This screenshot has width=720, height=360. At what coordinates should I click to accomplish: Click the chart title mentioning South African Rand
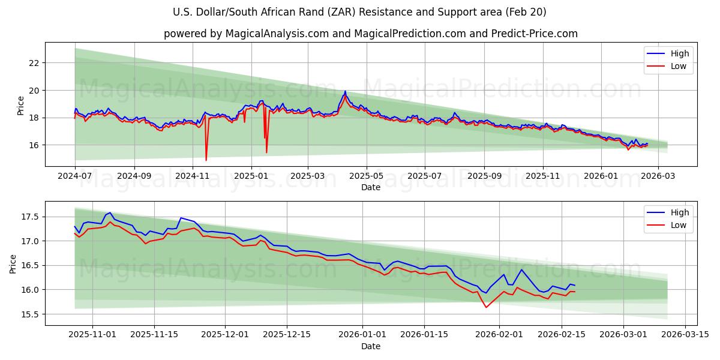[359, 12]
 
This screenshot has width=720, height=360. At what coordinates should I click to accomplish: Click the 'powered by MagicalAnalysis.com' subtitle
[370, 34]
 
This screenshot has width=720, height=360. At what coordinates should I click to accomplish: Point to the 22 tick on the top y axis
[34, 63]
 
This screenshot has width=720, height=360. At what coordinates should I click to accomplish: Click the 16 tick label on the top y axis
[34, 145]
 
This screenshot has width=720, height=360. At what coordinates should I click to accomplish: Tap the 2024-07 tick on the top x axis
[75, 176]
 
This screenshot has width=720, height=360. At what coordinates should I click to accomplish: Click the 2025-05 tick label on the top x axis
[366, 176]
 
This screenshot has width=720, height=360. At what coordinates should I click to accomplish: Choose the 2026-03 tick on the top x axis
[658, 176]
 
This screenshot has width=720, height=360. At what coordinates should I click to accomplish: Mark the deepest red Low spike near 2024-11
[206, 160]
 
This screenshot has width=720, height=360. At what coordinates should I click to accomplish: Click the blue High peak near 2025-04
[345, 91]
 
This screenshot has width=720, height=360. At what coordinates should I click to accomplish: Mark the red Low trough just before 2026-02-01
[486, 307]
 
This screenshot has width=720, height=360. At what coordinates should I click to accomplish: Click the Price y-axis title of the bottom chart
[13, 263]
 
